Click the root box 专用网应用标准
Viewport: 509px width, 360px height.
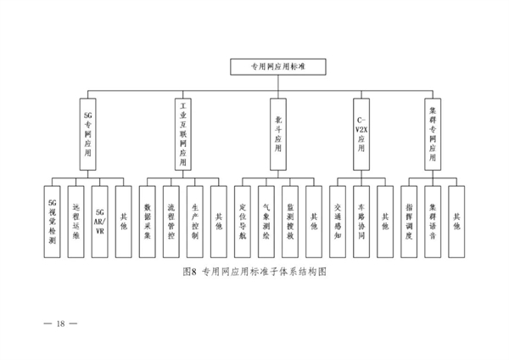[278, 67]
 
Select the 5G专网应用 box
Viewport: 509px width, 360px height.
[87, 134]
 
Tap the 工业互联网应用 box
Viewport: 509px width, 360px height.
[183, 134]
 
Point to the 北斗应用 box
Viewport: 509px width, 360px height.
[278, 134]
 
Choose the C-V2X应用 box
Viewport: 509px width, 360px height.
[361, 134]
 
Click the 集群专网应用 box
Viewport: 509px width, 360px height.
[433, 134]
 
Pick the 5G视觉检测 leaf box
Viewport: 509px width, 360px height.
[53, 222]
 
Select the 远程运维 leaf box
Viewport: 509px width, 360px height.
[76, 222]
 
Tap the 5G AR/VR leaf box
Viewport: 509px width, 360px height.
[99, 222]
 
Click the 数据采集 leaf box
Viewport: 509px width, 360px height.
[148, 222]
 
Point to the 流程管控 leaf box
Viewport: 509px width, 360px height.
[171, 222]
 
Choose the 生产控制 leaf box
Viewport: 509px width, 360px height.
[195, 222]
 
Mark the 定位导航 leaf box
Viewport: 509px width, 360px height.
[243, 222]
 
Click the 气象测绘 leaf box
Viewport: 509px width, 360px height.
[266, 222]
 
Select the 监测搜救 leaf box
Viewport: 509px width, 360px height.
[290, 222]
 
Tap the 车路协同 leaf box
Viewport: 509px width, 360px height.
[361, 222]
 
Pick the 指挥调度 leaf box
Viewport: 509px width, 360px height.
[409, 222]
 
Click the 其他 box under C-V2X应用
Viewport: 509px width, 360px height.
[385, 222]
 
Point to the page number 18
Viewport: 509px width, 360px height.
[61, 323]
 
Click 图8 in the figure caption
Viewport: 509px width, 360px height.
[190, 272]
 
